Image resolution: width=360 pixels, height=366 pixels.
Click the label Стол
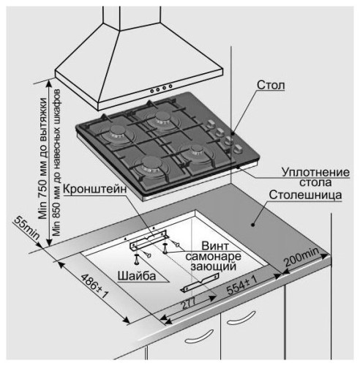271,85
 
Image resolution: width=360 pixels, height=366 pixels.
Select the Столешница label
305,195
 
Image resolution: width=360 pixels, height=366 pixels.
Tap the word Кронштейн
95,189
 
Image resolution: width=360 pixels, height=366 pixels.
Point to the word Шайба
137,276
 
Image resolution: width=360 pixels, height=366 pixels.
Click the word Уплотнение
315,172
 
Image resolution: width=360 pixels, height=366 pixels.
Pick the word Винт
215,246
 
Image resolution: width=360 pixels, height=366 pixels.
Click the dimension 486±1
94,286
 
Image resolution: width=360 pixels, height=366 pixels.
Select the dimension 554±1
242,285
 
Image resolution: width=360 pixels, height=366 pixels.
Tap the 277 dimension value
189,303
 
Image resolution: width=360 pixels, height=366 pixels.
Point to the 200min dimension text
301,257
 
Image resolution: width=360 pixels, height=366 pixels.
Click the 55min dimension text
26,228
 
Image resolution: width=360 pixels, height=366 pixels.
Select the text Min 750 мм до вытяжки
43,158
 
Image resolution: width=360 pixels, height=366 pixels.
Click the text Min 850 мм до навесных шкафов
56,163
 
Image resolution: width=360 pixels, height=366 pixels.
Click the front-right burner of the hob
196,152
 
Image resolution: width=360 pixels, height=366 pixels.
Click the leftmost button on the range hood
152,91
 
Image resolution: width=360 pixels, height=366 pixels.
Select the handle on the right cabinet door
241,318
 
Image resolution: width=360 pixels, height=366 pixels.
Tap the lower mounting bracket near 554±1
200,283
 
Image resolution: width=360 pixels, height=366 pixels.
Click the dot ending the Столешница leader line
253,225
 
